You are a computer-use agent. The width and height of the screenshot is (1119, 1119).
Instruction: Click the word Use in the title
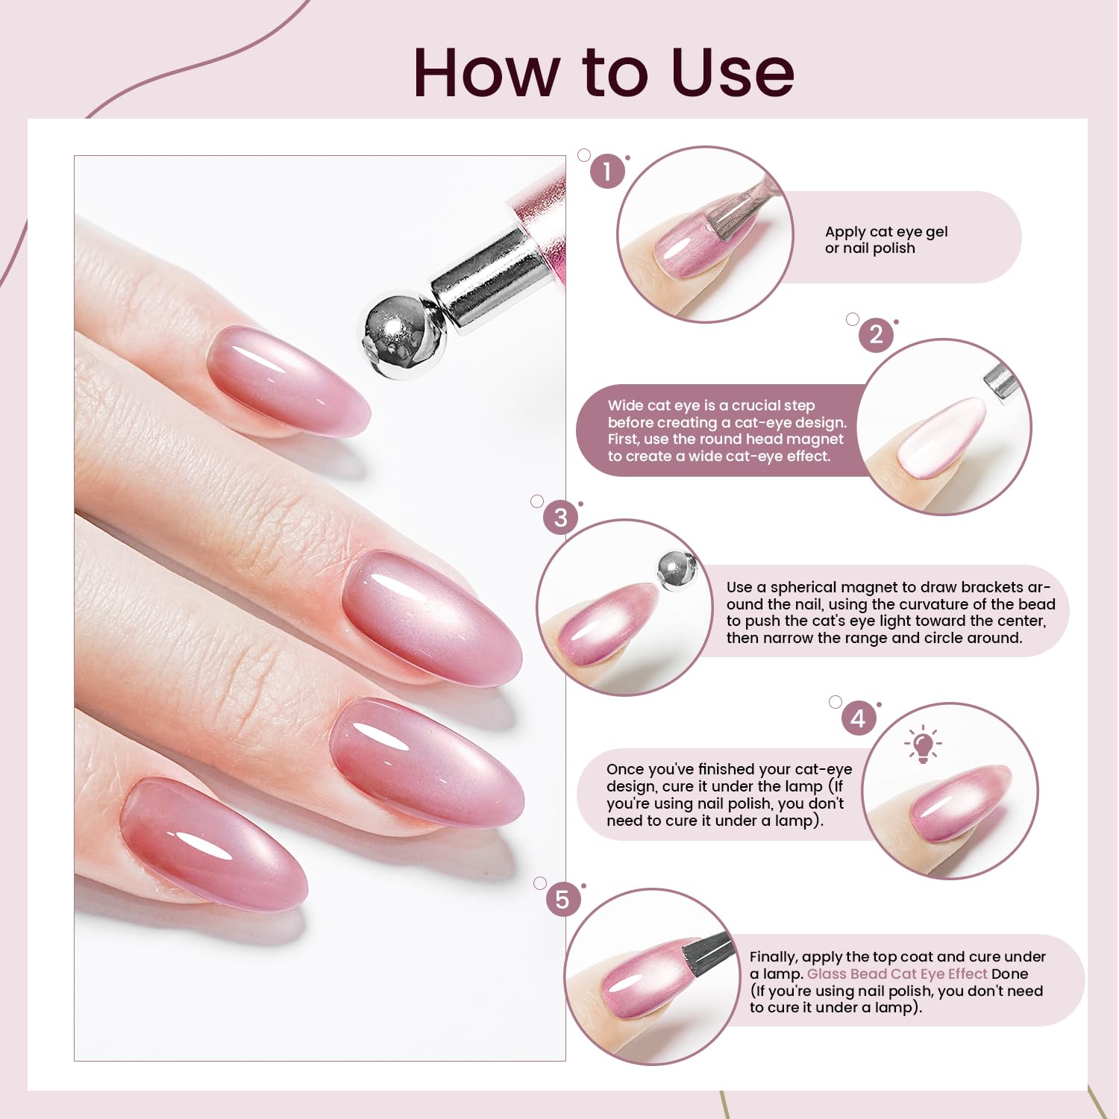point(732,72)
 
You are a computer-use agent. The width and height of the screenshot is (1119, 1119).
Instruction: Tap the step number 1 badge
point(607,172)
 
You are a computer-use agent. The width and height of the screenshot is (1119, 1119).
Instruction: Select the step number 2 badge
point(876,334)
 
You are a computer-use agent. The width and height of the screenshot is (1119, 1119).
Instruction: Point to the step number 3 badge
point(560,517)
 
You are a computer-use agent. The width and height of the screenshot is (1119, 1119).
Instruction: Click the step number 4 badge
point(859,718)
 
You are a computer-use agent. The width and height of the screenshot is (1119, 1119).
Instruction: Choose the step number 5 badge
point(562,900)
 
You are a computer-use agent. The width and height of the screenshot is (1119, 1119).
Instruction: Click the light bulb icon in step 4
point(923,745)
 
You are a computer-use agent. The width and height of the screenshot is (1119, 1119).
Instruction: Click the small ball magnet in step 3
point(677,571)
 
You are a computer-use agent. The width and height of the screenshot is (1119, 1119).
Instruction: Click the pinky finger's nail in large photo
point(213,843)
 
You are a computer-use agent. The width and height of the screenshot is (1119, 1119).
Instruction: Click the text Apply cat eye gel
point(886,231)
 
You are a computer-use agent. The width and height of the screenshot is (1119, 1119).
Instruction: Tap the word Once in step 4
point(624,769)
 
